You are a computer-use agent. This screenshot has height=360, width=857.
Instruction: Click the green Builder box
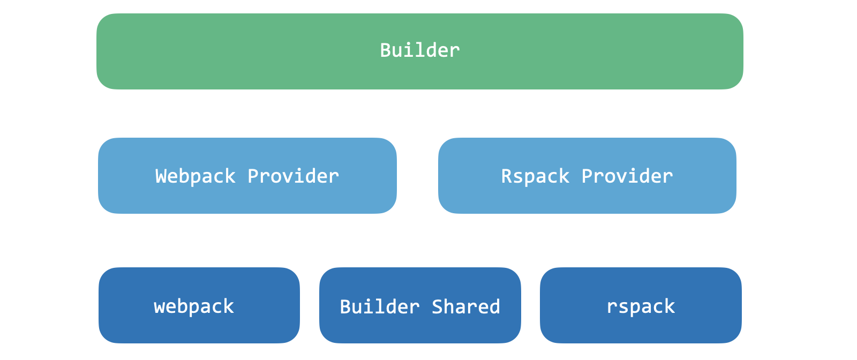point(420,51)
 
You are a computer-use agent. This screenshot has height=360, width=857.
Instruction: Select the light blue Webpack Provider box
point(247,176)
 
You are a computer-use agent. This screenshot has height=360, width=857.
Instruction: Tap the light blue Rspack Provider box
point(587,176)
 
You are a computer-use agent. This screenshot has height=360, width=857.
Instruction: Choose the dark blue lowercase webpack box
point(199,305)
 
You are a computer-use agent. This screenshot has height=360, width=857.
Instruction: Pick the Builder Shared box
point(420,305)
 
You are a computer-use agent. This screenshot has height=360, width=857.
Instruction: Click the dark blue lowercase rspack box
point(641,305)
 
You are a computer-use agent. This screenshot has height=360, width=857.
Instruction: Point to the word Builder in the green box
point(420,50)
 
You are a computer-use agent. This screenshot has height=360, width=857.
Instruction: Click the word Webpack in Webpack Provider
point(195,176)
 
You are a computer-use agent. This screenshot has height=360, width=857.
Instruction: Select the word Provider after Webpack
point(293,176)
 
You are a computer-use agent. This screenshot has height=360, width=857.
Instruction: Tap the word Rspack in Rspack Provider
point(535,176)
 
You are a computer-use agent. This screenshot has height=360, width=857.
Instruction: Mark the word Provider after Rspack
point(627,176)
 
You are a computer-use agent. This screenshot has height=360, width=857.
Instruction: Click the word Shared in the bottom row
point(465,307)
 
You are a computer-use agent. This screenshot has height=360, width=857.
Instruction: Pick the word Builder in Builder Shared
point(380,307)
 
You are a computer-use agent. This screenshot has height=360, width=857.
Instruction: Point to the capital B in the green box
point(385,50)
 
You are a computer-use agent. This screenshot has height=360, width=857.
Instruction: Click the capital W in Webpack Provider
point(161,176)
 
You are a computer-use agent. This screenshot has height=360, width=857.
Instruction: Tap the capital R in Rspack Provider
point(507,176)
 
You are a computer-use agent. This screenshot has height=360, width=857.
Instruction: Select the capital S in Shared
point(437,307)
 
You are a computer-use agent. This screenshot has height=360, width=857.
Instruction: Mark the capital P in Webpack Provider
point(253,176)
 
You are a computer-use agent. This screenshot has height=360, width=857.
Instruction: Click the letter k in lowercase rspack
point(670,306)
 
